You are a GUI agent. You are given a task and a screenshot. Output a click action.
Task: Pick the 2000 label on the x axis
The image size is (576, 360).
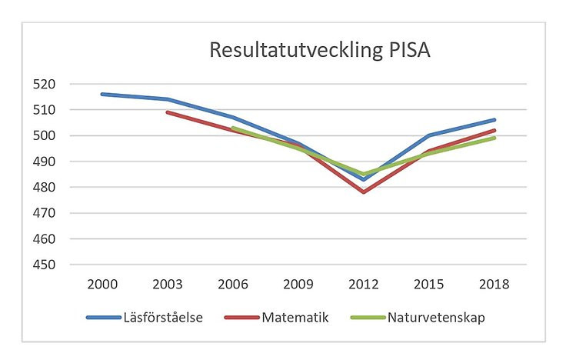pyautogui.click(x=102, y=284)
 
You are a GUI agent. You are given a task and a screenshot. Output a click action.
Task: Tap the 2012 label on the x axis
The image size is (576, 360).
pyautogui.click(x=363, y=284)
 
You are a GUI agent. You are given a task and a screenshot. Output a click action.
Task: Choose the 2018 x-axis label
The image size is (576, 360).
pyautogui.click(x=494, y=284)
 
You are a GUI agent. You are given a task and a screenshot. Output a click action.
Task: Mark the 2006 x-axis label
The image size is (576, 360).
pyautogui.click(x=233, y=284)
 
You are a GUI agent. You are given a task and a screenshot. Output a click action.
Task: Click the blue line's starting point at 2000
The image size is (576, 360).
pyautogui.click(x=102, y=94)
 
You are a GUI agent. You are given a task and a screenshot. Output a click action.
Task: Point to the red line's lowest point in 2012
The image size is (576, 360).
pyautogui.click(x=363, y=192)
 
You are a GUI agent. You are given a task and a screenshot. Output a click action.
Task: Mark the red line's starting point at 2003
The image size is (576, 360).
pyautogui.click(x=168, y=112)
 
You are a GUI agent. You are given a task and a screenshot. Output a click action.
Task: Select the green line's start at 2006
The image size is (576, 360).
pyautogui.click(x=233, y=128)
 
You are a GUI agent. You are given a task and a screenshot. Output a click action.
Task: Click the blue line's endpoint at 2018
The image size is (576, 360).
pyautogui.click(x=494, y=120)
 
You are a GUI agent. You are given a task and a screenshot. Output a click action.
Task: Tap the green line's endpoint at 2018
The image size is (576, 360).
pyautogui.click(x=494, y=138)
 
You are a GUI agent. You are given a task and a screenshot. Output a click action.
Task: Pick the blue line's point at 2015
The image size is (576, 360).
pyautogui.click(x=428, y=135)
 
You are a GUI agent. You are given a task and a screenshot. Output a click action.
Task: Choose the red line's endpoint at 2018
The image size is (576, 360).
pyautogui.click(x=494, y=130)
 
